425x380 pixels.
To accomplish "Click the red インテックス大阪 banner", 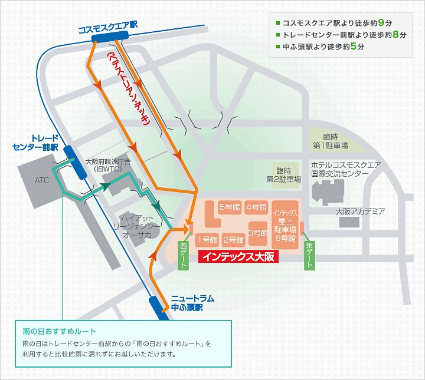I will point(238,256).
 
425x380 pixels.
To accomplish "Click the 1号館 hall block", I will point(207,240).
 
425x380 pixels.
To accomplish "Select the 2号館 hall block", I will point(234,240).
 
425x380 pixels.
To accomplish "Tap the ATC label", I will point(41,181).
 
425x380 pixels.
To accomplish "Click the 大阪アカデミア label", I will point(360,211).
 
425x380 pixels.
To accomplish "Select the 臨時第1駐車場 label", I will point(330,141).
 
